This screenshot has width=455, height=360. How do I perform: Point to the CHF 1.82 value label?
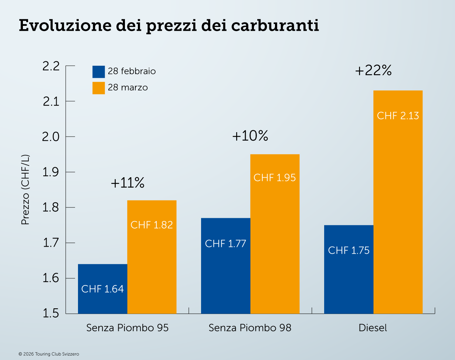(152, 224)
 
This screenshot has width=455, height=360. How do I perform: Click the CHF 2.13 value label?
(398, 116)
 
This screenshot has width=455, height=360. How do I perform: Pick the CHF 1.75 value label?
(349, 250)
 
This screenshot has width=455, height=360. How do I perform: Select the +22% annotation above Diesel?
(373, 71)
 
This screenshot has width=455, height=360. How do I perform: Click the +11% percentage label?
(127, 183)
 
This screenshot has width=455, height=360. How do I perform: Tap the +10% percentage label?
(250, 136)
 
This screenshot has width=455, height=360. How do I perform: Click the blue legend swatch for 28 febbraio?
(99, 72)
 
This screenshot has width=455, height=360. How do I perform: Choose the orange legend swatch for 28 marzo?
(99, 88)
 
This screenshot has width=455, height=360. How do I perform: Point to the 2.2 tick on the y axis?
(51, 66)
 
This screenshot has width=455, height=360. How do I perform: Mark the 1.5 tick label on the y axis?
(51, 313)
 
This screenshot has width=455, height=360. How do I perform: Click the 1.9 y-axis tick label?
(51, 172)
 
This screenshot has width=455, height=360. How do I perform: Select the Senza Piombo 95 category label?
(128, 328)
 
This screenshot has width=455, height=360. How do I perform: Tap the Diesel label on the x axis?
(373, 328)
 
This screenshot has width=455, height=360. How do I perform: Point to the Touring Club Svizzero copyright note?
(49, 354)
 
